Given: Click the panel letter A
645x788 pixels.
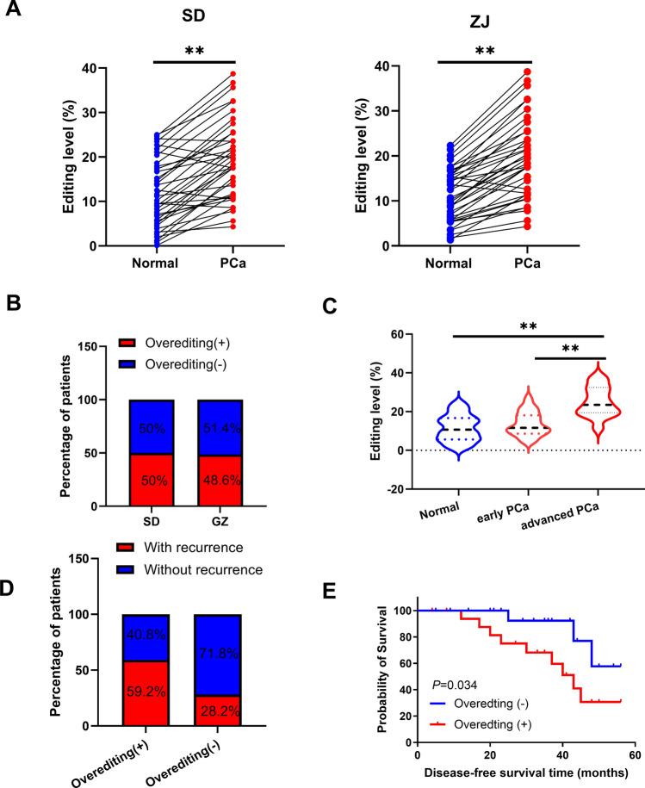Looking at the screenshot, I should pyautogui.click(x=14, y=13).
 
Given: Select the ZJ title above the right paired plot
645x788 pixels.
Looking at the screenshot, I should pyautogui.click(x=485, y=19).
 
